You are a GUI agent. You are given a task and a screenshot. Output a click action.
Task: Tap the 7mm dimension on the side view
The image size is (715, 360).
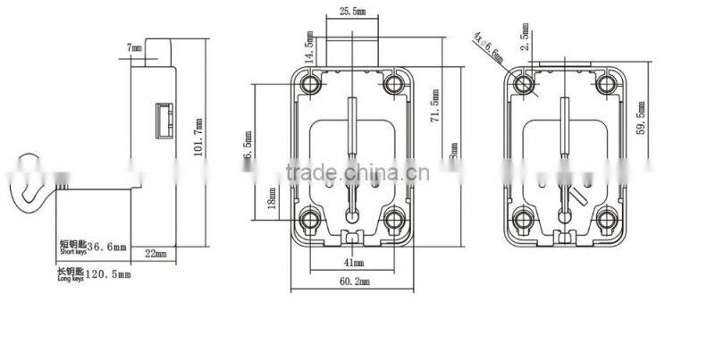point(135,46)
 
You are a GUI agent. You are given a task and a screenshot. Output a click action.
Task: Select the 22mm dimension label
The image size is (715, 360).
point(156,255)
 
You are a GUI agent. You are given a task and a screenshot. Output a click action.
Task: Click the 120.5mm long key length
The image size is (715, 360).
point(113,274)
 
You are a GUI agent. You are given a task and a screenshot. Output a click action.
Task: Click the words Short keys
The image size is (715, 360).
point(73,254)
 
